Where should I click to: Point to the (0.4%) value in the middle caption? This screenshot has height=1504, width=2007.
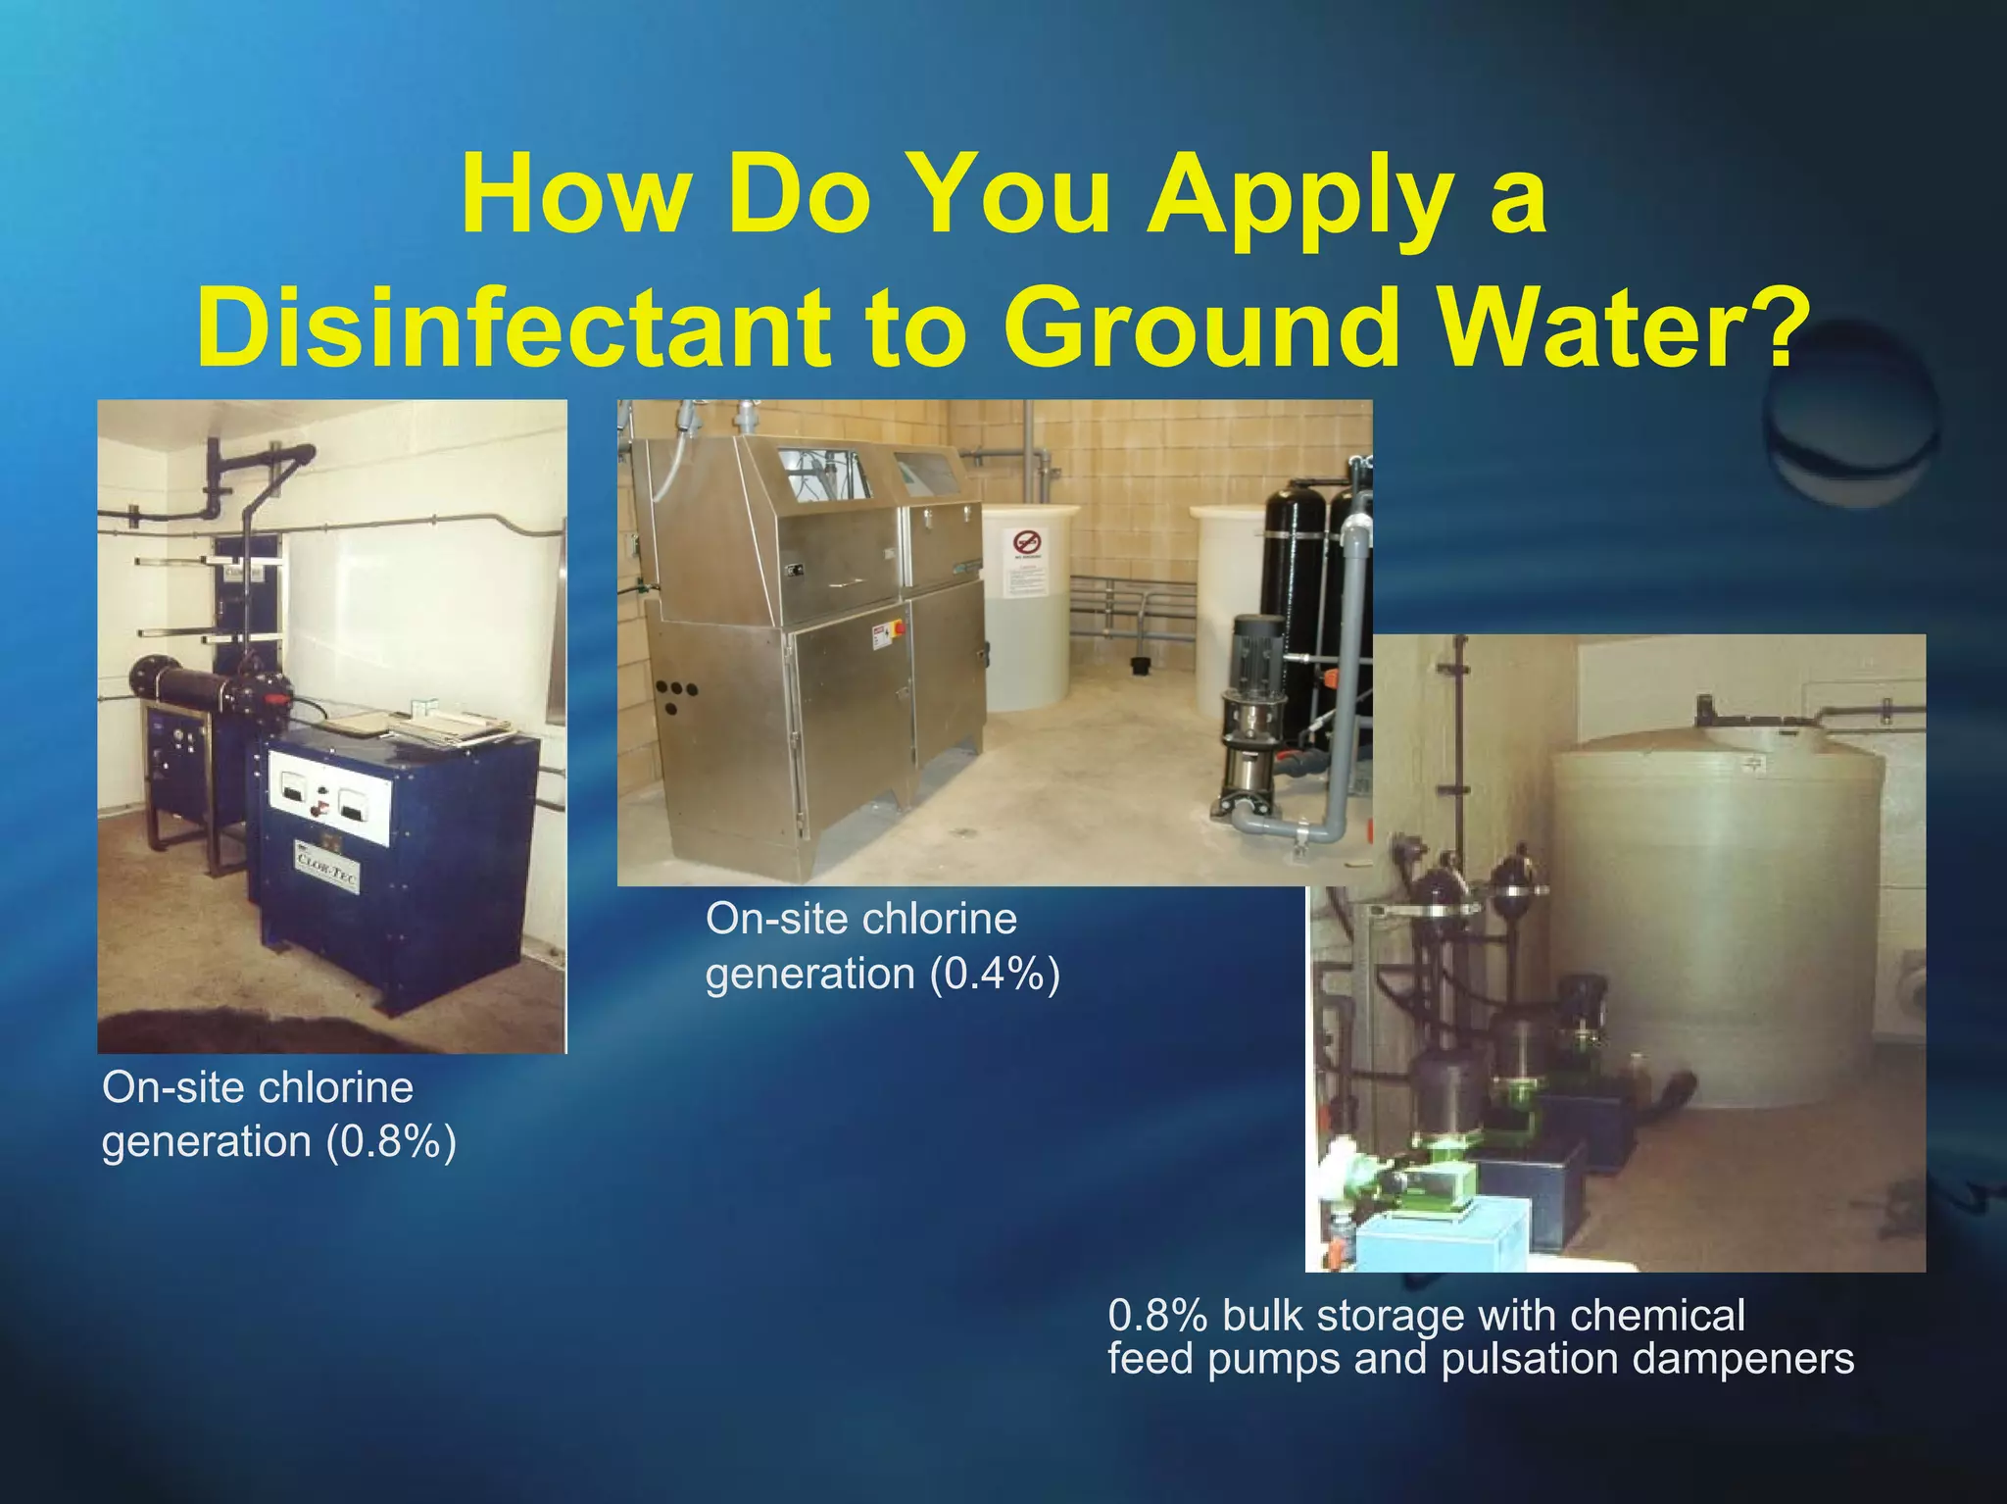(x=995, y=975)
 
